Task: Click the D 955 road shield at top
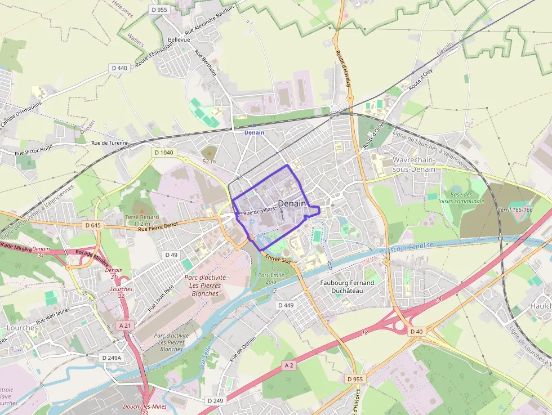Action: [x=159, y=10]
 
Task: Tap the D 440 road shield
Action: [x=119, y=68]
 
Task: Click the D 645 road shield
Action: [x=94, y=225]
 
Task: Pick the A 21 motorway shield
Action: [x=125, y=325]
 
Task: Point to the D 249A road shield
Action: [x=112, y=358]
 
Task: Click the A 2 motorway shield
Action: [x=289, y=365]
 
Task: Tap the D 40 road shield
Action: [x=416, y=332]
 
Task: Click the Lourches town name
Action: [x=22, y=328]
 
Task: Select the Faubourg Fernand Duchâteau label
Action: [x=346, y=287]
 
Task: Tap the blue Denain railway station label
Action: [x=254, y=132]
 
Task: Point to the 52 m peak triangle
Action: [x=209, y=151]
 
